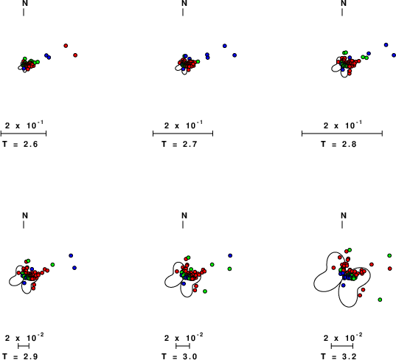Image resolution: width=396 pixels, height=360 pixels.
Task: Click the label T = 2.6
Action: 20,145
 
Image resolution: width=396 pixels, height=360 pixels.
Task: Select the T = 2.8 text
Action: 338,145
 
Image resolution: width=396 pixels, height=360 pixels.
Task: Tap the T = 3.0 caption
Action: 179,356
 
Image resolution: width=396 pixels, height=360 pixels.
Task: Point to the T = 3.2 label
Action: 338,356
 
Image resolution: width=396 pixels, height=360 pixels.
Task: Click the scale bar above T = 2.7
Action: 183,134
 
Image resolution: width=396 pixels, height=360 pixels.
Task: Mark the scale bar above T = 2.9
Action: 24,346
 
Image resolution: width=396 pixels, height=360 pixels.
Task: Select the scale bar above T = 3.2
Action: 342,346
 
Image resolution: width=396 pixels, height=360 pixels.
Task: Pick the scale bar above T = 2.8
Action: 342,134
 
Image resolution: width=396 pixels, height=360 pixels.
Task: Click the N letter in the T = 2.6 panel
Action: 25,3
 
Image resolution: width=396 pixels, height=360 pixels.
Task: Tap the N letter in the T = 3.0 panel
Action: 184,215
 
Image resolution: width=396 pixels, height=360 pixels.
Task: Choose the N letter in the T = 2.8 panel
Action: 344,3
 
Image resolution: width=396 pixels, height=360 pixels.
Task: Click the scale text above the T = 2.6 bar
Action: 24,125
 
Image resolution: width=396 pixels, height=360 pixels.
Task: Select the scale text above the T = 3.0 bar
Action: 184,337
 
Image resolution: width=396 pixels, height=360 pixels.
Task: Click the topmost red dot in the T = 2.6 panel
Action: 66,46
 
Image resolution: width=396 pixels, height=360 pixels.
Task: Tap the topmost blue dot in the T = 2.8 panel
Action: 386,45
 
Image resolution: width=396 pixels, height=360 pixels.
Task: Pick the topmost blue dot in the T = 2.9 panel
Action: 71,255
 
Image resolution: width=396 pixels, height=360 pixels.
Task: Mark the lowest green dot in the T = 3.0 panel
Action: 205,291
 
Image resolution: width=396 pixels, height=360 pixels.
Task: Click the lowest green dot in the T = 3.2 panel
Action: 380,300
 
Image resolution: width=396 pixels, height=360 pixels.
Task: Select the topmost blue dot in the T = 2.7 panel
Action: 225,46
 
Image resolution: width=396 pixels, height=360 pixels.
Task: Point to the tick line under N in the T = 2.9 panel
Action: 24,224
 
